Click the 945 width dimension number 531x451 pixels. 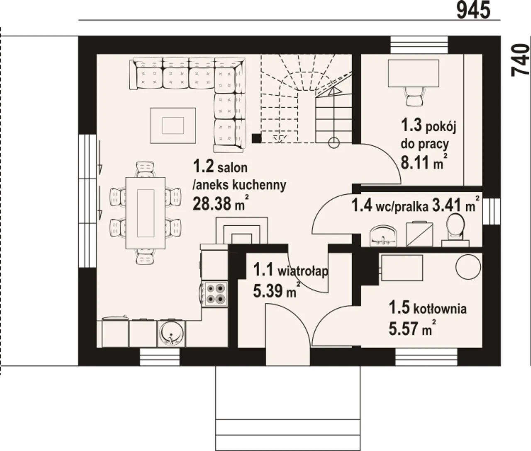(473, 10)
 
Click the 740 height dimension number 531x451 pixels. (521, 60)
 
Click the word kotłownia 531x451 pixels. (440, 309)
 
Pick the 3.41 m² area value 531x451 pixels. (456, 205)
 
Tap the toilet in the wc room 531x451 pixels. (455, 229)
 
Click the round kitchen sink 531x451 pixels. (171, 333)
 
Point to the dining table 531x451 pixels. (145, 213)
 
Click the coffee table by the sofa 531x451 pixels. (173, 125)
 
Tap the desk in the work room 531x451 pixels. (413, 73)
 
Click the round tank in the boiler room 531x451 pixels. (468, 267)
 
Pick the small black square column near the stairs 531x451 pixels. (256, 138)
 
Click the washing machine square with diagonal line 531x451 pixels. (419, 234)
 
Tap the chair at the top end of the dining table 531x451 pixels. (145, 169)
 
